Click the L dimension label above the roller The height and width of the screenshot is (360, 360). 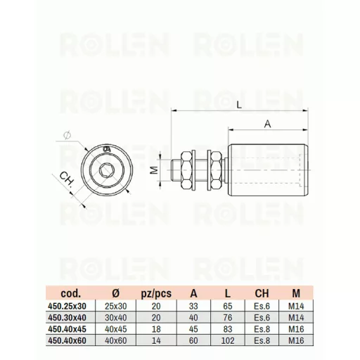[238, 105]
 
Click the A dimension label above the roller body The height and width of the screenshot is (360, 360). [267, 124]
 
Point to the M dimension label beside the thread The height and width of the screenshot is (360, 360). [154, 170]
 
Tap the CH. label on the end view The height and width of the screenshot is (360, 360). [67, 179]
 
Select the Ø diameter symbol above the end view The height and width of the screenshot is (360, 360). [67, 136]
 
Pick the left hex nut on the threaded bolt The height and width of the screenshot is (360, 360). [186, 170]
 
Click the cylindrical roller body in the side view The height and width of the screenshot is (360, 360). [269, 170]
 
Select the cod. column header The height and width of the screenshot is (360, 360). [70, 293]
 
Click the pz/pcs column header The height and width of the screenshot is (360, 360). [156, 293]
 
